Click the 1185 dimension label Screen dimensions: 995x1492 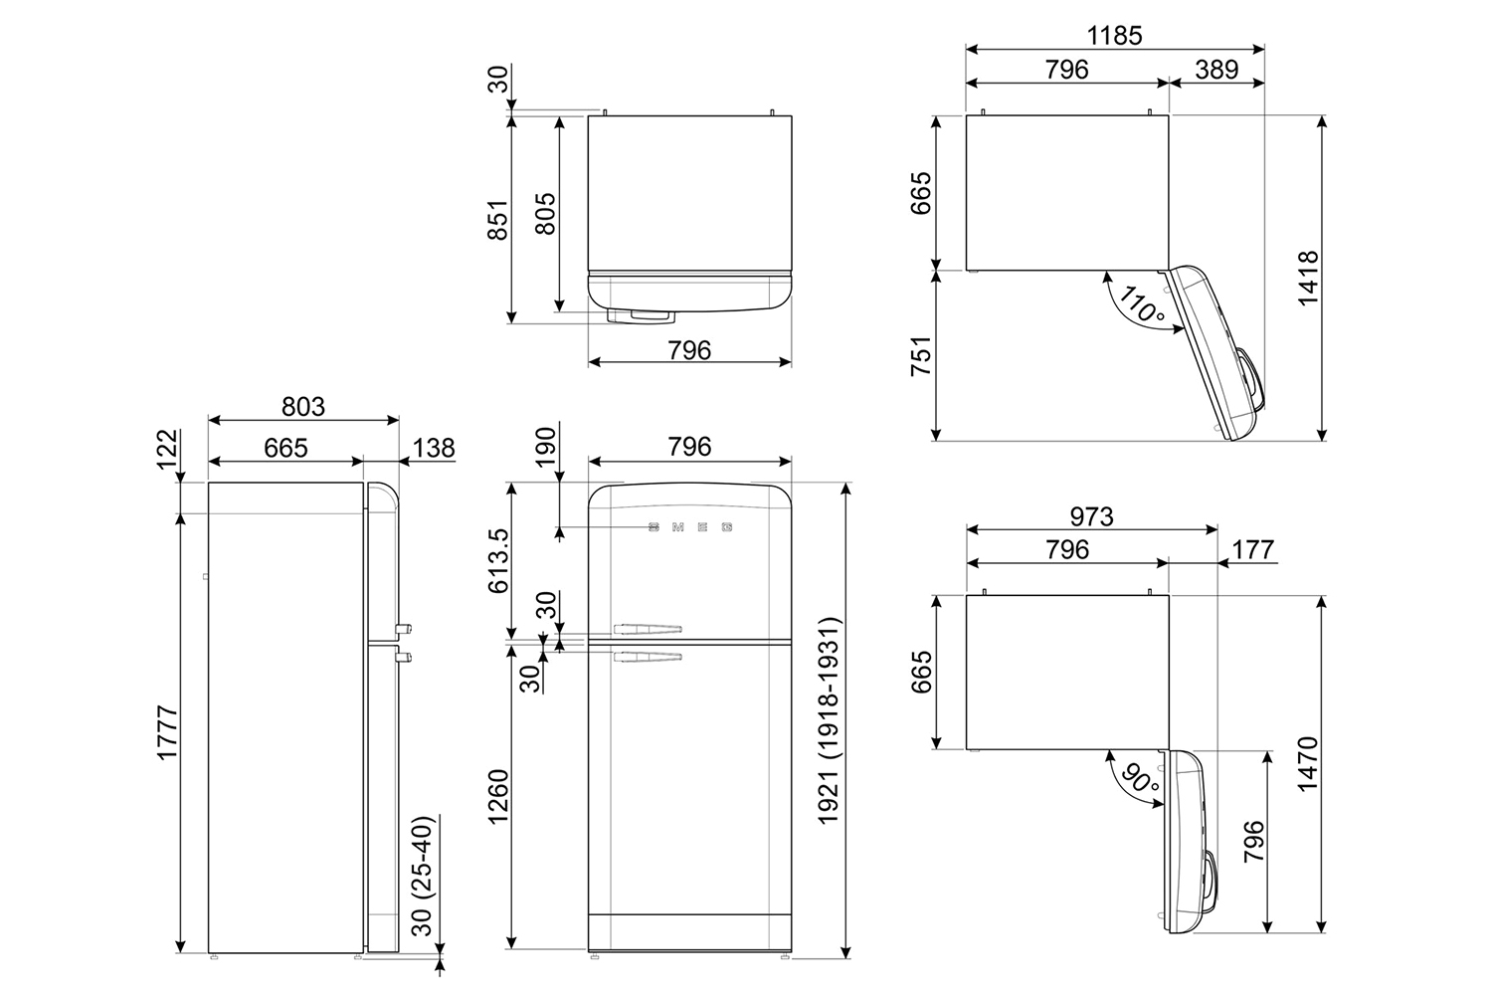tap(1114, 35)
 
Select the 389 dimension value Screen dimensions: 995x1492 tap(1216, 70)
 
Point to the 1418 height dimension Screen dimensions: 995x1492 tap(1306, 278)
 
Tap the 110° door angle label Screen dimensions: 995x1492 tap(1141, 304)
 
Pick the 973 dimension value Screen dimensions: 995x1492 tap(1091, 516)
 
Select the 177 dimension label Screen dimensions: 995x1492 tap(1252, 549)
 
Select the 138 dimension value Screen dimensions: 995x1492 tap(433, 448)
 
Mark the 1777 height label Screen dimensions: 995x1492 tap(166, 733)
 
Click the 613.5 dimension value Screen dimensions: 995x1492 tap(497, 560)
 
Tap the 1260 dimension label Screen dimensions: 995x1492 tap(497, 796)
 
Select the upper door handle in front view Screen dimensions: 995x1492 tap(648, 628)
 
